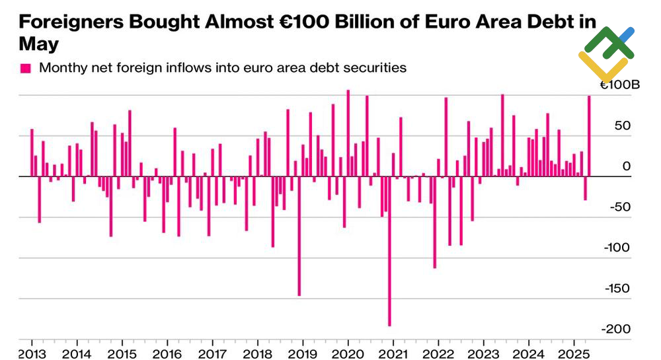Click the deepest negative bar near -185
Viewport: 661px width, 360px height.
389,251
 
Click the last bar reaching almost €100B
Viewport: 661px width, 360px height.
589,136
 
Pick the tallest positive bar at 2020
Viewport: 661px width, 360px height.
348,133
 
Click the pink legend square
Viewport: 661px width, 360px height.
26,68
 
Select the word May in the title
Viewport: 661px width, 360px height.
38,45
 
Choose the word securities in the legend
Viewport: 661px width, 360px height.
375,67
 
